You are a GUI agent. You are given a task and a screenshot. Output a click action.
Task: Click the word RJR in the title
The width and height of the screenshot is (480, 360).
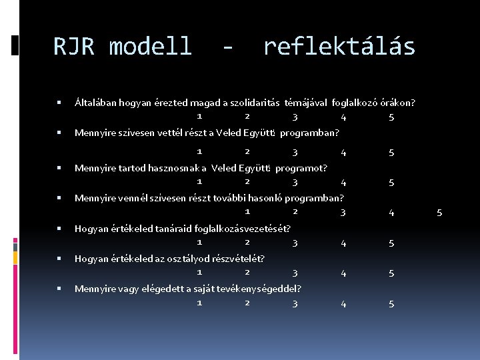(x=74, y=47)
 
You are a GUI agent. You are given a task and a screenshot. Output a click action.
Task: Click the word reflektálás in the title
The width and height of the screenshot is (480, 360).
(x=339, y=47)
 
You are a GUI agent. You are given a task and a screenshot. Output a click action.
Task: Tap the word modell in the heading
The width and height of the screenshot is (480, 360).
(x=150, y=47)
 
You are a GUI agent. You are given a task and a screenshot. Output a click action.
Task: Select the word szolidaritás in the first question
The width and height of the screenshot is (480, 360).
(x=255, y=103)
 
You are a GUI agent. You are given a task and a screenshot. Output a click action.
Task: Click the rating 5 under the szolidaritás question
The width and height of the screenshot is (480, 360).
(x=391, y=118)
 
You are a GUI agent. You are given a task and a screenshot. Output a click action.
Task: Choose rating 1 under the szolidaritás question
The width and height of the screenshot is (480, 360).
(x=199, y=115)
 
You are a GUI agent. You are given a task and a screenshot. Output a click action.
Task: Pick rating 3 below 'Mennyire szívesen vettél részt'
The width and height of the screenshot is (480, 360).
(x=295, y=153)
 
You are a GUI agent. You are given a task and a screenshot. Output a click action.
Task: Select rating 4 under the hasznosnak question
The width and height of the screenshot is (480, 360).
(x=343, y=183)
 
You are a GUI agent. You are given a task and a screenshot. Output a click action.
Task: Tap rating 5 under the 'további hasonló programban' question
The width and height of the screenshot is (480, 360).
(x=439, y=213)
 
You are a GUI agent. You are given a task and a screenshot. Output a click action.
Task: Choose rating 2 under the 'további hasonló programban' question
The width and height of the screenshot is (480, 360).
(x=295, y=211)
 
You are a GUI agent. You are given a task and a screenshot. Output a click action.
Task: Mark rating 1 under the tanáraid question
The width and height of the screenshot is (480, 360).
(x=199, y=241)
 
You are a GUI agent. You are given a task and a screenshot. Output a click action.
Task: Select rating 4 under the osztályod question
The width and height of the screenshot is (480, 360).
(x=343, y=273)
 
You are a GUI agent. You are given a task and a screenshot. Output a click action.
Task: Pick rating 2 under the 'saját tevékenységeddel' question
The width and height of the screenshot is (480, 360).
(x=247, y=302)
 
